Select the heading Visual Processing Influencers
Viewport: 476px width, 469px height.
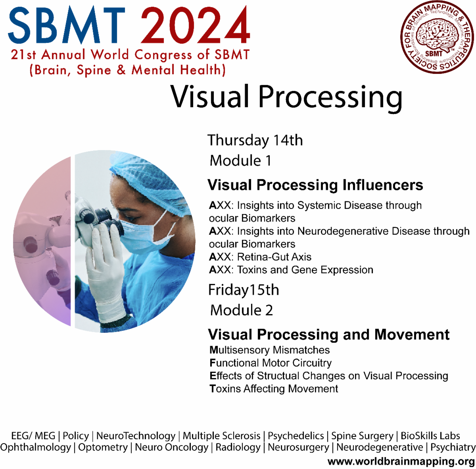(x=315, y=185)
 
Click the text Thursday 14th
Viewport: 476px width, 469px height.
(x=255, y=140)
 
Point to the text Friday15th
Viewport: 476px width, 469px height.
(x=244, y=290)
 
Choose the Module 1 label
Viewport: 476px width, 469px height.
(x=240, y=161)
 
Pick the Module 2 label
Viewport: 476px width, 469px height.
(x=241, y=310)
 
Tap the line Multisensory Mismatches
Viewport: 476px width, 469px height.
(x=270, y=350)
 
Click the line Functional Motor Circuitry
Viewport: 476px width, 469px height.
(x=271, y=363)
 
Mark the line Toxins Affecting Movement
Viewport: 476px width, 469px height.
(x=274, y=388)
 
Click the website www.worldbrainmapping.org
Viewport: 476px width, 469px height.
(x=401, y=461)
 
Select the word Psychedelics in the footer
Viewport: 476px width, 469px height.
(x=296, y=436)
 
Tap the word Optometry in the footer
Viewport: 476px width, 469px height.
(x=103, y=448)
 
